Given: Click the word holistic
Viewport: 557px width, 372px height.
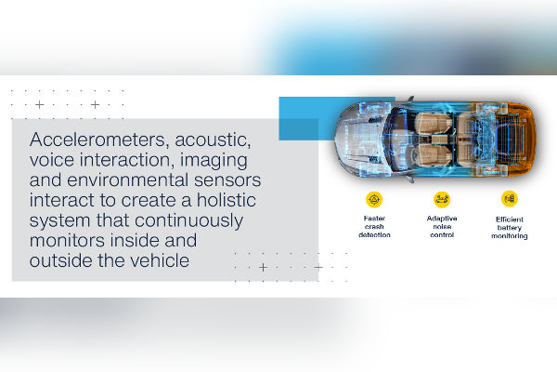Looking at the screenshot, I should click(236, 202).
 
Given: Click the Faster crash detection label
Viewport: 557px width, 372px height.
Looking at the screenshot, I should click(374, 227).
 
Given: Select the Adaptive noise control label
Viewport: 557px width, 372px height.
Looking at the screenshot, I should click(442, 227).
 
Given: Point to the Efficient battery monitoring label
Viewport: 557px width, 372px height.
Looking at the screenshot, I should click(510, 227).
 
